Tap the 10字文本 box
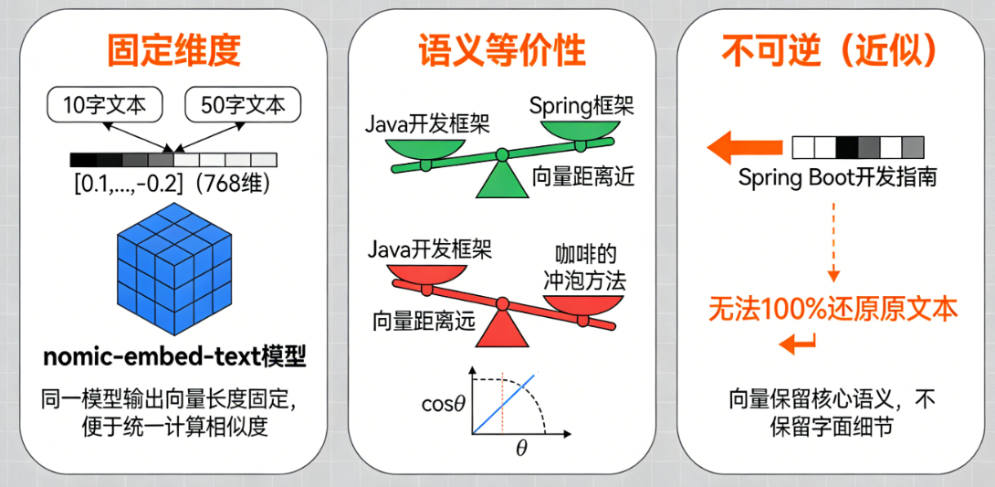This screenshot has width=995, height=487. click(105, 105)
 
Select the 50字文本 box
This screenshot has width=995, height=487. click(243, 105)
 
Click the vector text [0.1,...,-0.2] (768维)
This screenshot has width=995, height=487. click(173, 185)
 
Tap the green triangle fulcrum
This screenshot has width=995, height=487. click(501, 180)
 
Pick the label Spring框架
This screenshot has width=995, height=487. click(581, 106)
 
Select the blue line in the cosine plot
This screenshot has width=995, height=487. click(503, 404)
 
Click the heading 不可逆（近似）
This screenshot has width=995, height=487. click(830, 50)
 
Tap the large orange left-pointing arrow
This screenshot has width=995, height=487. click(744, 148)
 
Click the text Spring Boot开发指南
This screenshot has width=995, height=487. click(836, 177)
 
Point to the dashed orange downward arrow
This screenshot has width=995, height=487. click(833, 242)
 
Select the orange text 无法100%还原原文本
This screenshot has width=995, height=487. click(833, 310)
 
